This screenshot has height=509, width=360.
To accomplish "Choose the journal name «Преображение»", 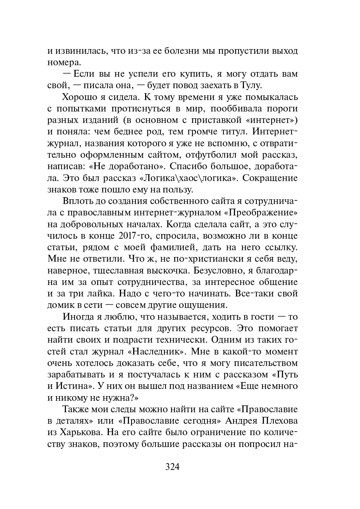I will coord(261,213).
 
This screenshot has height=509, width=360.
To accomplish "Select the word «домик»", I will coord(59,305).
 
